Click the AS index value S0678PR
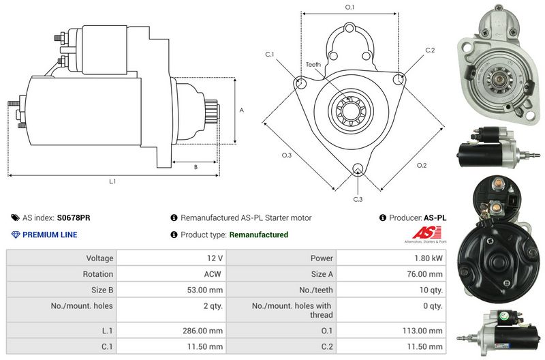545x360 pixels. (74, 218)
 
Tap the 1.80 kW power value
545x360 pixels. (429, 258)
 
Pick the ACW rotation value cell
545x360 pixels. (213, 274)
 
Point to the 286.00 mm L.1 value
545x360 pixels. (203, 331)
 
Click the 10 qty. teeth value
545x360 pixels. (431, 290)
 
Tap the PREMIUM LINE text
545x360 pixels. (50, 235)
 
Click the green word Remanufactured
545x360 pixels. (258, 235)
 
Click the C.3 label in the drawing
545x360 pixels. (358, 199)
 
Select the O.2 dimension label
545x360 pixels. (421, 166)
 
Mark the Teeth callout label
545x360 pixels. (313, 65)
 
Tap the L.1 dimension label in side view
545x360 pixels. (112, 181)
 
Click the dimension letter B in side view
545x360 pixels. (196, 166)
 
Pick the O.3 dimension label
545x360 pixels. (287, 155)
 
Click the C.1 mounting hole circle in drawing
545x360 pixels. (299, 82)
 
